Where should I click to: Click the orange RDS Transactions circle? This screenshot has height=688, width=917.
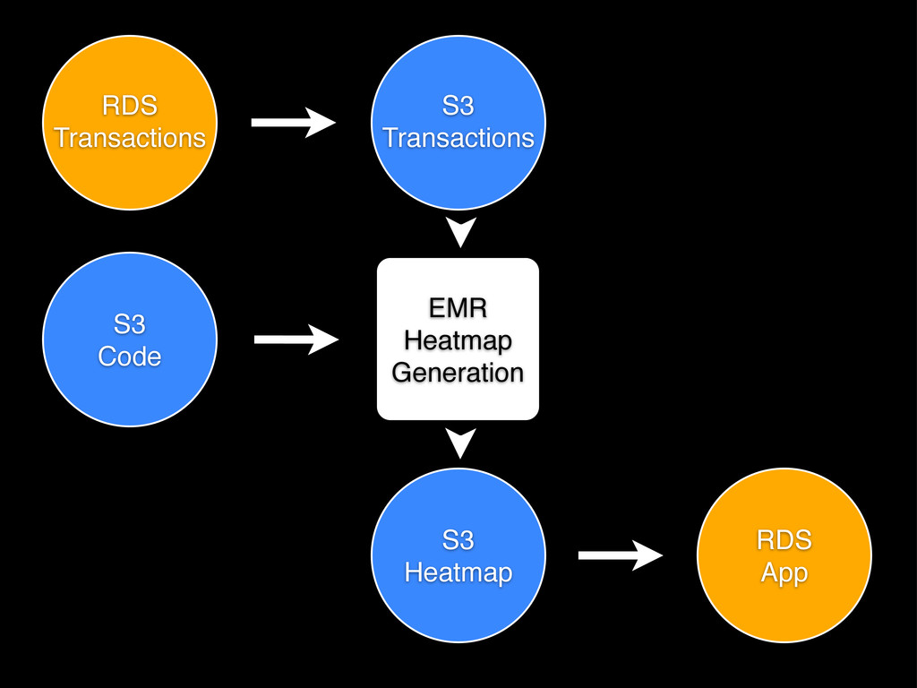point(130,122)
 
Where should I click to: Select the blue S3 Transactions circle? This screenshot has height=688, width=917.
point(458,122)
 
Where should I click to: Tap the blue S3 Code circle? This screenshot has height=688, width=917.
point(130,340)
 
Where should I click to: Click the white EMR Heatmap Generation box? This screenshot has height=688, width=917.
point(458,339)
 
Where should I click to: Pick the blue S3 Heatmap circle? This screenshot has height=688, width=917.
point(458,555)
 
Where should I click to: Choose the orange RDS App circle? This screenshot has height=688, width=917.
point(784,555)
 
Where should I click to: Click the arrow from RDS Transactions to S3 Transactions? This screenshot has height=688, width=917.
point(294,122)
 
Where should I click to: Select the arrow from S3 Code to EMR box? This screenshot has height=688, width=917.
point(296,340)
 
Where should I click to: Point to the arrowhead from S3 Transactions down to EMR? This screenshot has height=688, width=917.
point(461,232)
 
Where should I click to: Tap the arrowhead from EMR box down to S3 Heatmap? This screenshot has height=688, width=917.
point(461,443)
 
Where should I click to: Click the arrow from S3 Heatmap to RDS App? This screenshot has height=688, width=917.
point(621,555)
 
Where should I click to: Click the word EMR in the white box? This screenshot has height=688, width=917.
point(458,308)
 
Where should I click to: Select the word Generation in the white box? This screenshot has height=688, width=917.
point(458,373)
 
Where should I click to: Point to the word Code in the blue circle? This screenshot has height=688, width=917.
point(129,357)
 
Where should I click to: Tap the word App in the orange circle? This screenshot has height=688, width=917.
point(784,573)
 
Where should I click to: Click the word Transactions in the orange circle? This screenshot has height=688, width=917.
point(130,138)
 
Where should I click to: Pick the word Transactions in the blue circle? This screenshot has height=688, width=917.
point(458,138)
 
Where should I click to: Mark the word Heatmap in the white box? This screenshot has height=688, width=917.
point(458,341)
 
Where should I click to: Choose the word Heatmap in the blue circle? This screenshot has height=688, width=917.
point(458,572)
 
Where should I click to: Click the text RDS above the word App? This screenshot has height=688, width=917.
point(784,540)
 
